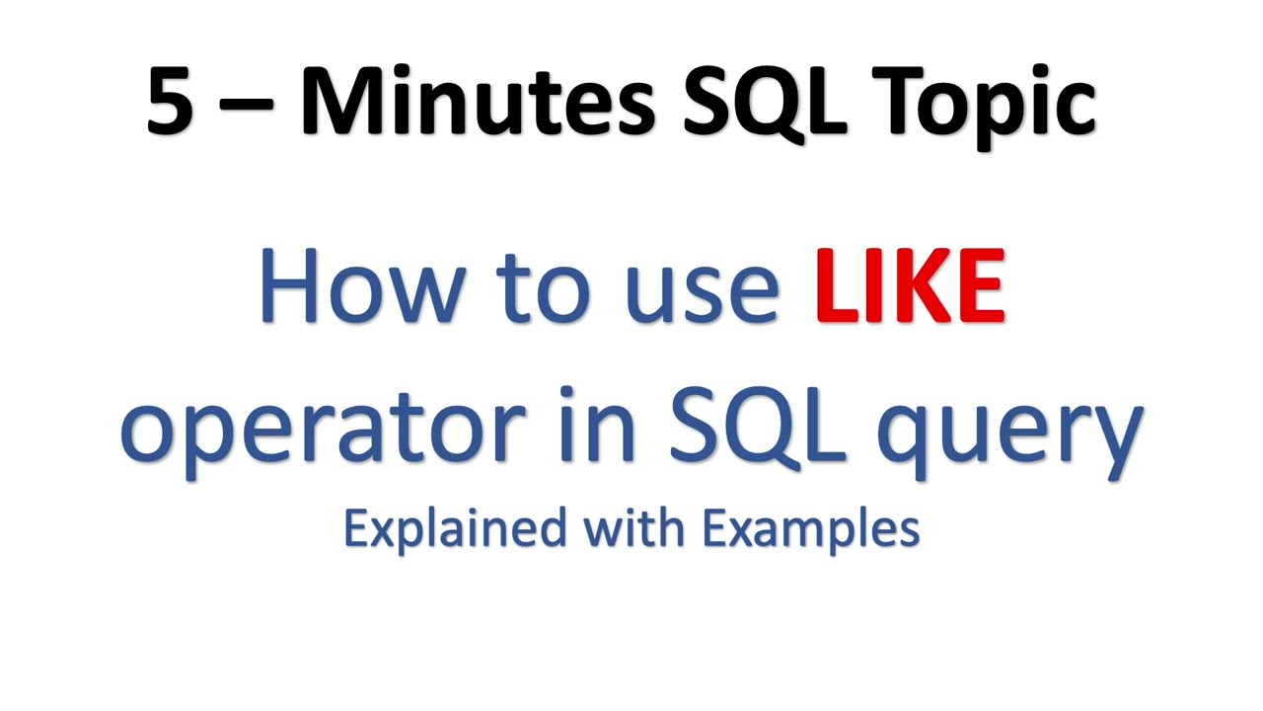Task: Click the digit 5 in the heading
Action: tap(170, 103)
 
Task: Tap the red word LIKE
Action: tap(910, 286)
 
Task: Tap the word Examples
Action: tap(811, 530)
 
